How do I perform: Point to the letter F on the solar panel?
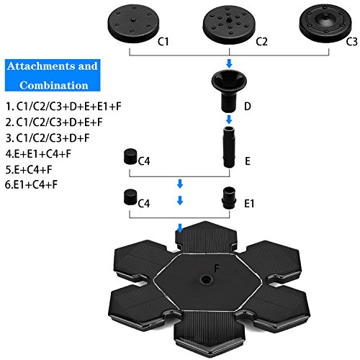(x=215, y=268)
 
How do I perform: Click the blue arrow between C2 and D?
(x=228, y=63)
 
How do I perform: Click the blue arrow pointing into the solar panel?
(x=180, y=229)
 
